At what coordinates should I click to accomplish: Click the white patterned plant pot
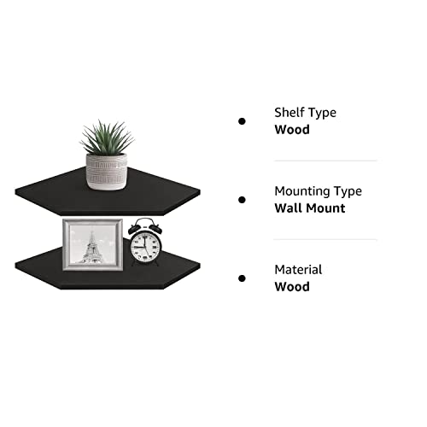coord(107,172)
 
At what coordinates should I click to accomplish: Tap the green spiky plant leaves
coord(107,138)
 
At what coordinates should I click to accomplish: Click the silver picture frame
coord(93,244)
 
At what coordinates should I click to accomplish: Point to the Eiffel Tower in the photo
coord(91,247)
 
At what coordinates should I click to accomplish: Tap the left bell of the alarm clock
coord(134,229)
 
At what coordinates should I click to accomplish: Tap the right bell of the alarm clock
coord(156,229)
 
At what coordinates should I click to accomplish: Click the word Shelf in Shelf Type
coord(287,112)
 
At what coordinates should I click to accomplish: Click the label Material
coord(298,270)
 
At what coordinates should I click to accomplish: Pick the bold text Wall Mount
coord(310,208)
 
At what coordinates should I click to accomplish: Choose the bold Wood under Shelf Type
coord(292,130)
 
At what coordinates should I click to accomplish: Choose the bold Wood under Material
coord(292,287)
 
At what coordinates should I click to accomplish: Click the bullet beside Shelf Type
coord(242,121)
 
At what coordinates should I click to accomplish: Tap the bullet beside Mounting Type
coord(242,200)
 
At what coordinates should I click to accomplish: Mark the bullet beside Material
coord(242,278)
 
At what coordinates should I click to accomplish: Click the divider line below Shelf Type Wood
coord(325,161)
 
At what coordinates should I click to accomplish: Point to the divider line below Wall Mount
coord(325,240)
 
